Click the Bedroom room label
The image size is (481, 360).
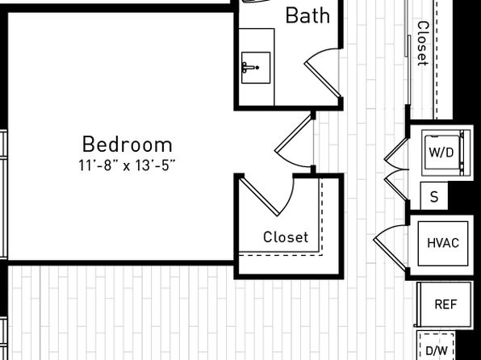(x=128, y=144)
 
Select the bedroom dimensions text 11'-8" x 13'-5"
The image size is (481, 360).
(x=127, y=165)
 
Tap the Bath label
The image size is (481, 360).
(x=307, y=15)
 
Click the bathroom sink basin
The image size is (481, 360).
(x=256, y=68)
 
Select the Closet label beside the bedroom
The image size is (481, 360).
(x=286, y=237)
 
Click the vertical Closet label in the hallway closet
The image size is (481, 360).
(x=423, y=44)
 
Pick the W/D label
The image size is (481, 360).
(x=441, y=153)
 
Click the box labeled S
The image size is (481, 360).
(x=434, y=196)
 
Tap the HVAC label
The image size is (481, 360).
(x=443, y=243)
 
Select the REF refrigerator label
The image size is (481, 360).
(x=445, y=304)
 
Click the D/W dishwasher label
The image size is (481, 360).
(x=437, y=350)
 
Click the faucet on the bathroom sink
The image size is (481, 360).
(x=250, y=68)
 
